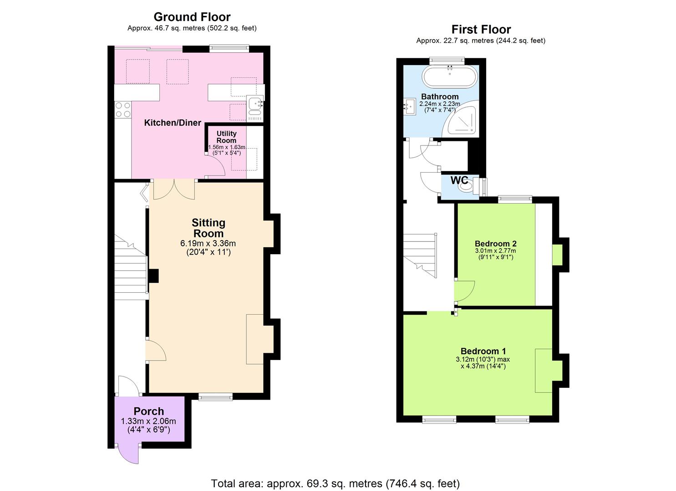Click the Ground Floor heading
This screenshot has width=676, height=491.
point(192,17)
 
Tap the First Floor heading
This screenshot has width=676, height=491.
point(481,30)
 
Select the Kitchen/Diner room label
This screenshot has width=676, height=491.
point(173,123)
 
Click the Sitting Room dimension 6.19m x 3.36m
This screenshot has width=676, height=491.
point(208,243)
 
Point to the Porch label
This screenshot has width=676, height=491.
point(149,411)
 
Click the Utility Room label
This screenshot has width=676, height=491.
point(226,137)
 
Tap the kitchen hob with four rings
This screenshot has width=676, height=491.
point(123,110)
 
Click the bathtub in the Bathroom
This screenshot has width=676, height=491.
point(450,77)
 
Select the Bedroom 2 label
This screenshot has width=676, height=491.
point(496,244)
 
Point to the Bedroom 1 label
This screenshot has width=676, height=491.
point(483,351)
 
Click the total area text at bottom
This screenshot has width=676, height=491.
point(335,483)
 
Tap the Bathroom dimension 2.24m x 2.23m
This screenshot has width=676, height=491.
point(440,104)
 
